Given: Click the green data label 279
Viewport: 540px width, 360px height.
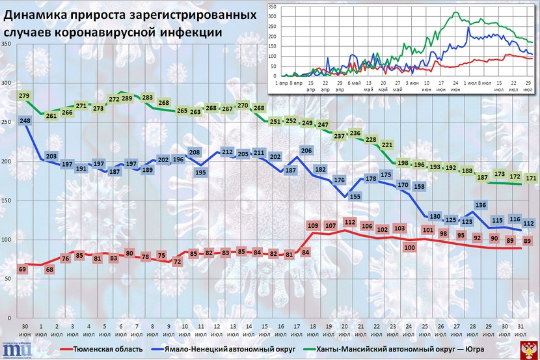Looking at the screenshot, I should pos(25,96).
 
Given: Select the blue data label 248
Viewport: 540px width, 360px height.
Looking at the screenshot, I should pos(25,120).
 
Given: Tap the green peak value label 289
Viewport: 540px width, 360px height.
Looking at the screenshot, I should pos(128,98).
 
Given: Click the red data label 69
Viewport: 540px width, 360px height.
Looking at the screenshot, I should pos(22,268).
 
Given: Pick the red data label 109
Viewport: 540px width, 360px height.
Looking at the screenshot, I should pos(312,226).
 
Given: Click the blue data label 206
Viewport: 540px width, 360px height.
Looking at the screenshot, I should pos(307,151).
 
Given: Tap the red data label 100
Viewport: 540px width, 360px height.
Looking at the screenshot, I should pos(410,247).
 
